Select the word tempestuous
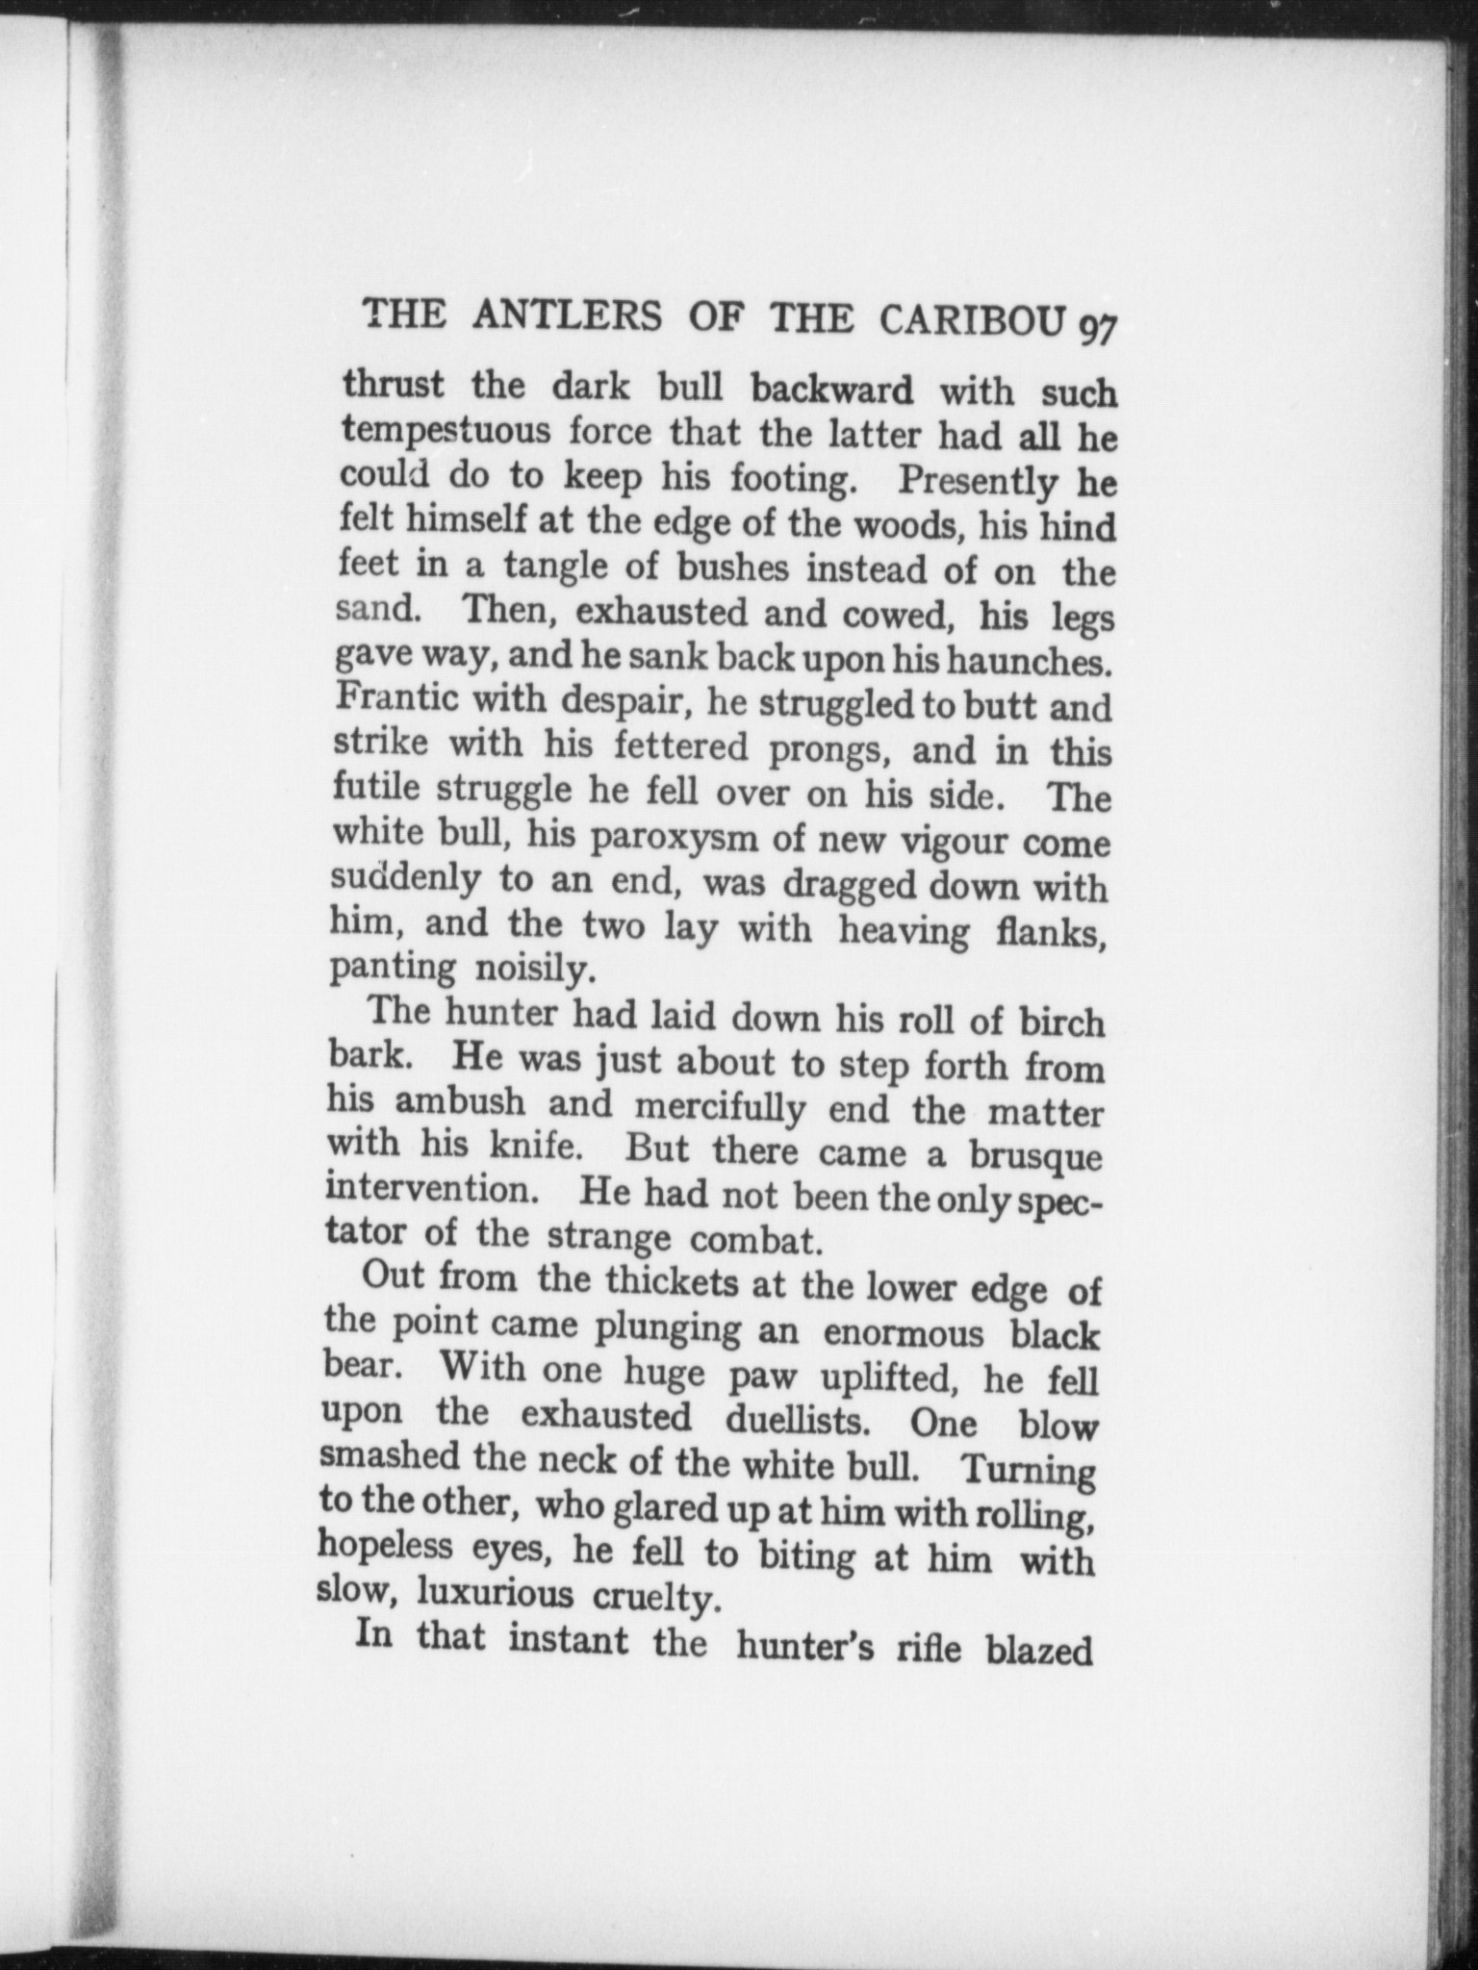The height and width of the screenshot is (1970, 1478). point(446,430)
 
